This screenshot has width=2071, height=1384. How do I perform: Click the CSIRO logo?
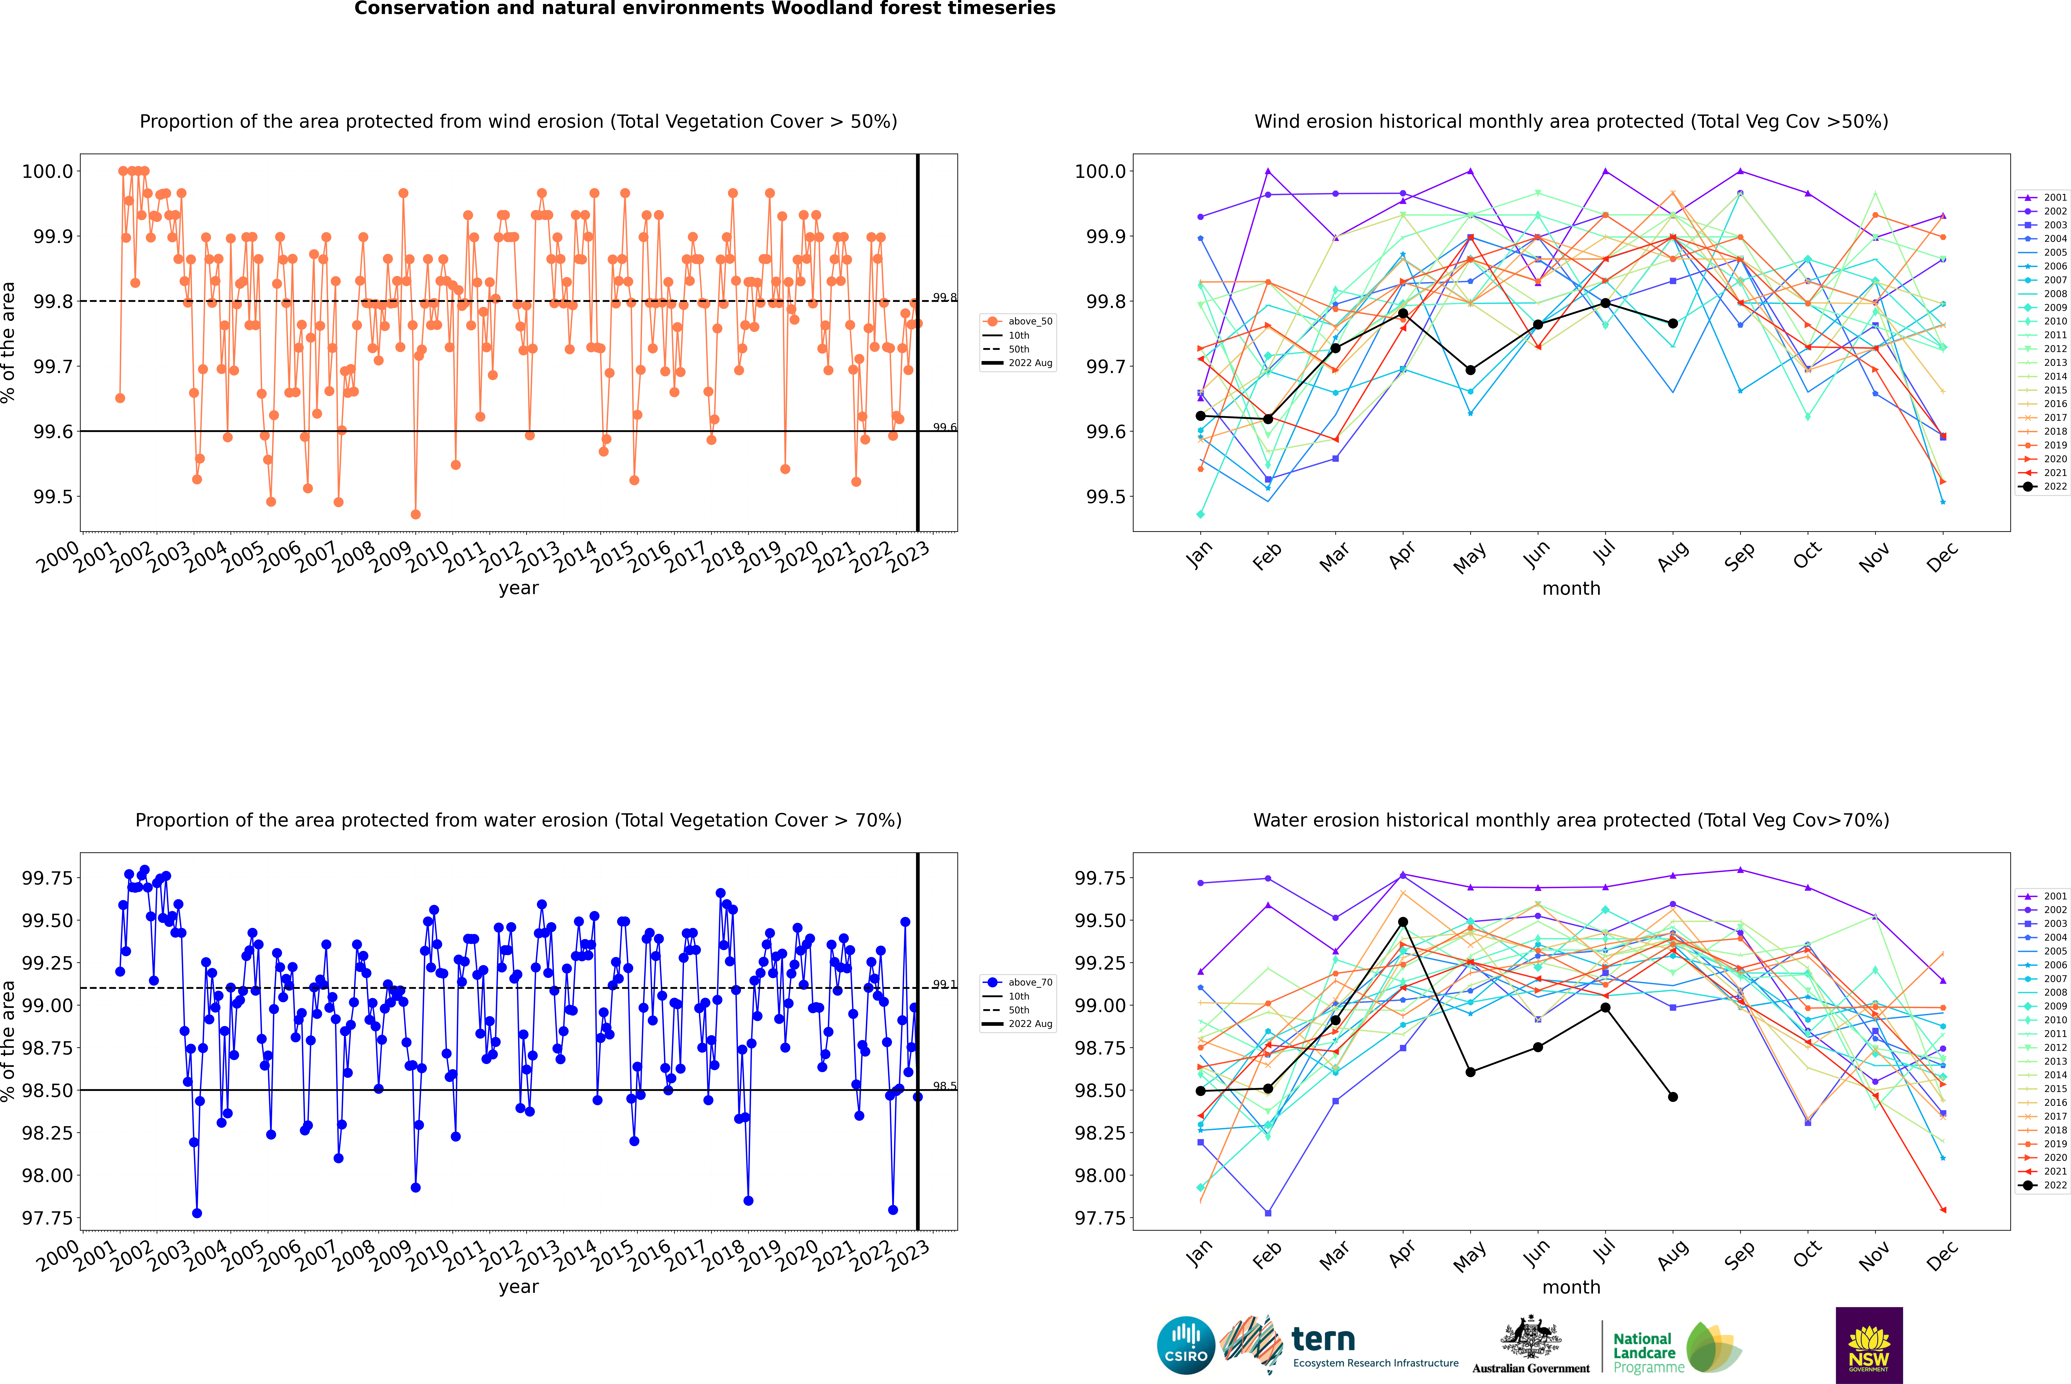coord(1186,1345)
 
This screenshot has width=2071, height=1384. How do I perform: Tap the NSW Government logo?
coord(1869,1345)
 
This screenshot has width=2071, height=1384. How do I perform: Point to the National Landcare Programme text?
coord(1644,1352)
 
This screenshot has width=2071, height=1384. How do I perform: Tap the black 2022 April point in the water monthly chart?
coord(1403,922)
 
